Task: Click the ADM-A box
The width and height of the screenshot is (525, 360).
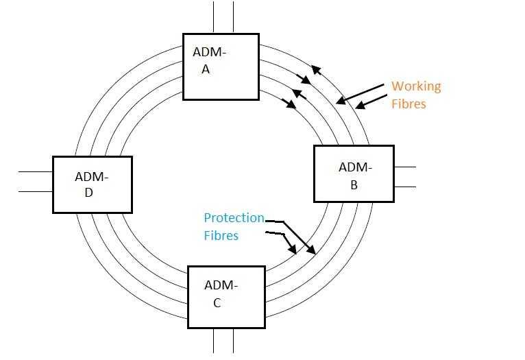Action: point(221,66)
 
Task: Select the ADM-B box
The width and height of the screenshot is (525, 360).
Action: point(354,173)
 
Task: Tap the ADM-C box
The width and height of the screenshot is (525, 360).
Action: point(225,296)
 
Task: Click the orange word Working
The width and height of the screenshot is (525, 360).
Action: point(416,86)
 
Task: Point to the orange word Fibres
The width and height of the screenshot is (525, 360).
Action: point(408,104)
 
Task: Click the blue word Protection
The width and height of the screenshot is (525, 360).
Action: point(234,218)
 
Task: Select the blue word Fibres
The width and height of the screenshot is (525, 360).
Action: point(221,235)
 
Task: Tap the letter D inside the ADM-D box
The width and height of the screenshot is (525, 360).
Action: point(88,193)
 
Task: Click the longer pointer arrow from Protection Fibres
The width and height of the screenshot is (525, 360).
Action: point(300,237)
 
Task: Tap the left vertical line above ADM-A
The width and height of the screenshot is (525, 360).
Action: point(213,16)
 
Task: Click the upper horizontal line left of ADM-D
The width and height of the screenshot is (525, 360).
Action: point(35,171)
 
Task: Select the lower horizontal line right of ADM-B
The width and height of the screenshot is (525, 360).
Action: point(405,187)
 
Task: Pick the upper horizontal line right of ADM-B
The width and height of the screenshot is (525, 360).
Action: point(405,167)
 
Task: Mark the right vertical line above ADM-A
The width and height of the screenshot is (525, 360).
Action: point(234,16)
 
